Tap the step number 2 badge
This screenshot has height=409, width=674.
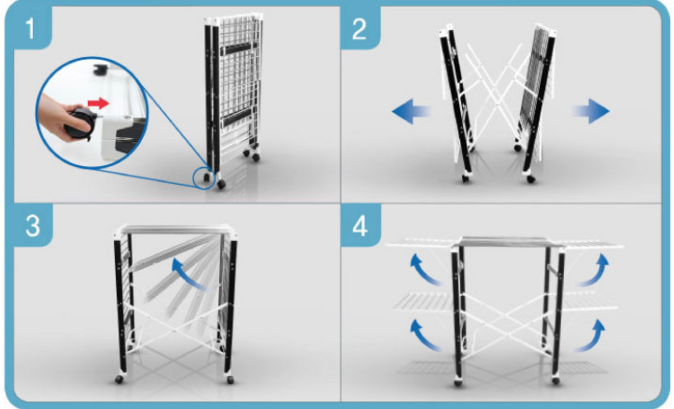click(360, 28)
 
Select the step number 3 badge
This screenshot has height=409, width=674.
click(33, 225)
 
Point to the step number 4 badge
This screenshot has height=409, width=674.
click(361, 225)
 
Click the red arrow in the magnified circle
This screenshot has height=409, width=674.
click(98, 103)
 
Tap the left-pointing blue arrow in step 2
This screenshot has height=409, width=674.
click(411, 111)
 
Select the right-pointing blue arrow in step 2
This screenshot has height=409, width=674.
click(591, 111)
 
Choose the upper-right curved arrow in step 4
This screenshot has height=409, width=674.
click(594, 269)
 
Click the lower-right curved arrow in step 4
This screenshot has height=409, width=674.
click(591, 335)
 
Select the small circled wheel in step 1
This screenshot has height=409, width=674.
click(207, 177)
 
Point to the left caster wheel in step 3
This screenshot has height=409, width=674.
click(119, 380)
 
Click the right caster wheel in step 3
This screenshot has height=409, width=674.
click(230, 380)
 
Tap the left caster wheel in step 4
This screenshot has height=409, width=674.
click(458, 383)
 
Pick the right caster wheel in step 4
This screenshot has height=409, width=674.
click(555, 381)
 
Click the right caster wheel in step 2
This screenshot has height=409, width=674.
click(531, 179)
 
